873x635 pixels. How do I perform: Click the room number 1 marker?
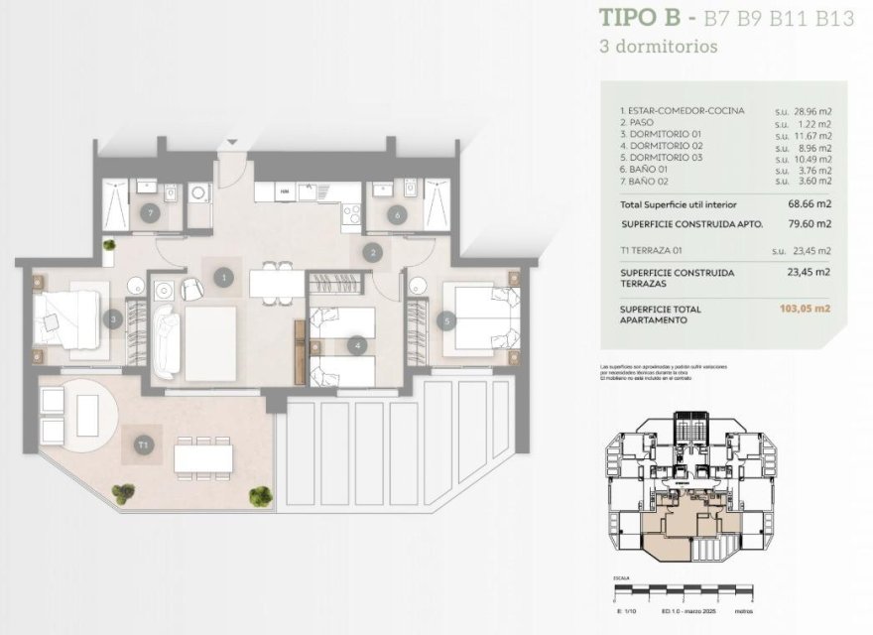[226, 278]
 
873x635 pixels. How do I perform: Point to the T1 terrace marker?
[145, 445]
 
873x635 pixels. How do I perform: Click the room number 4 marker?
[355, 346]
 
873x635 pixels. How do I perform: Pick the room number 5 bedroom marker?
[448, 320]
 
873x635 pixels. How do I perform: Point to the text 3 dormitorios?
[659, 46]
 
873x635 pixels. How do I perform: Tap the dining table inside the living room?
[277, 284]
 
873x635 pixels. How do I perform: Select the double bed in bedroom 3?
[67, 319]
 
